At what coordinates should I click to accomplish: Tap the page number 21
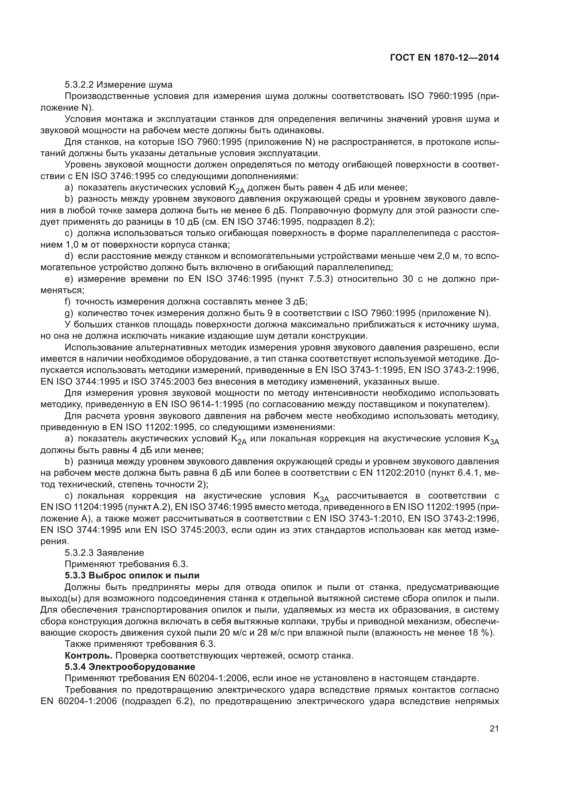click(494, 729)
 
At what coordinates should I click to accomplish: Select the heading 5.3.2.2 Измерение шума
click(118, 85)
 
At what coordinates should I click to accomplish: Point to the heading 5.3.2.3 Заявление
click(104, 553)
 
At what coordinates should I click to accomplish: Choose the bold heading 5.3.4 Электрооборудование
click(130, 667)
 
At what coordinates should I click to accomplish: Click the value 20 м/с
click(233, 633)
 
